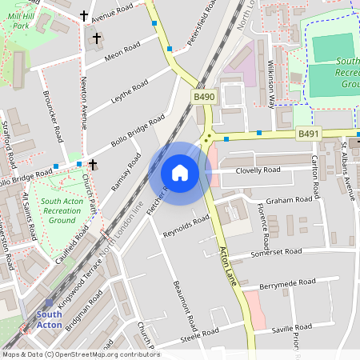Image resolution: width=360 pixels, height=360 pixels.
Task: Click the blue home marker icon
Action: tap(179, 172)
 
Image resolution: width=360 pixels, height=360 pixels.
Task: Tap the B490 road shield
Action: tap(204, 96)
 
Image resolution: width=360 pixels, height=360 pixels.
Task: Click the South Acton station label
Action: tap(50, 319)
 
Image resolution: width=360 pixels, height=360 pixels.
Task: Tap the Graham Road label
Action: tap(288, 200)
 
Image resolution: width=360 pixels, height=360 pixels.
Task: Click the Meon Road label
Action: tap(122, 51)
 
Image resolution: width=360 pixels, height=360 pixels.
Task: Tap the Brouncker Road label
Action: tap(58, 120)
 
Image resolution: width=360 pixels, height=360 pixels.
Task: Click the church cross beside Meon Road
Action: tap(98, 38)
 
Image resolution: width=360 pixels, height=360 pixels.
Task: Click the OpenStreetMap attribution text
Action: tap(80, 354)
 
